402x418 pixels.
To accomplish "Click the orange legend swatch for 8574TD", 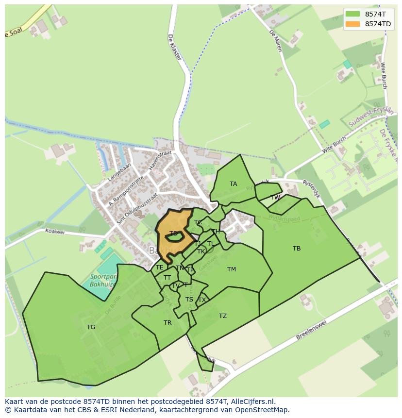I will pyautogui.click(x=353, y=24).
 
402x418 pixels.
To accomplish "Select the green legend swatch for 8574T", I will pyautogui.click(x=353, y=14).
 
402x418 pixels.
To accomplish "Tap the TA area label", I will pyautogui.click(x=234, y=184).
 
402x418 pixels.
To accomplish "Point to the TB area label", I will pyautogui.click(x=297, y=249).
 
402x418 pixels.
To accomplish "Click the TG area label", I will pyautogui.click(x=91, y=327).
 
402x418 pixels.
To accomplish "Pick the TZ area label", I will pyautogui.click(x=222, y=316).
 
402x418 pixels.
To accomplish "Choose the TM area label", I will pyautogui.click(x=231, y=269).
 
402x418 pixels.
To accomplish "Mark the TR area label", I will pyautogui.click(x=167, y=323).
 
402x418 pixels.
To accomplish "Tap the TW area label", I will pyautogui.click(x=275, y=198).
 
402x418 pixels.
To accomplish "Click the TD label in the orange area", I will pyautogui.click(x=173, y=234).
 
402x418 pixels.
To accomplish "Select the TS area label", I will pyautogui.click(x=189, y=300).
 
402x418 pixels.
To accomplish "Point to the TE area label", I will pyautogui.click(x=160, y=268).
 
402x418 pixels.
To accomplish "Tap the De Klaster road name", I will pyautogui.click(x=174, y=47).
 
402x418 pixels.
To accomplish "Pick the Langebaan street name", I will pyautogui.click(x=119, y=172).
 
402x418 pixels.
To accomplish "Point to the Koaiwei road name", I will pyautogui.click(x=54, y=232).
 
